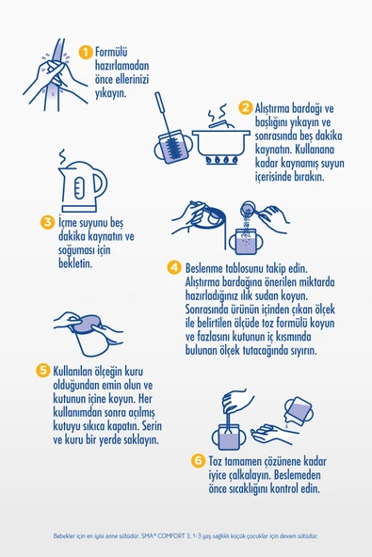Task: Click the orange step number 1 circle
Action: (x=86, y=53)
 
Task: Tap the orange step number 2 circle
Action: (x=246, y=107)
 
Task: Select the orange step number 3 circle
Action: (x=47, y=223)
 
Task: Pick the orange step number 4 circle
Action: (x=174, y=267)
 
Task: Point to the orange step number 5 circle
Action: (x=43, y=371)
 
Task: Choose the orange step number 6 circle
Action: (x=198, y=461)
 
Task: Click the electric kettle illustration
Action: (x=83, y=186)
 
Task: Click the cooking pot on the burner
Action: (x=221, y=142)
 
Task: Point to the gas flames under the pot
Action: (x=221, y=160)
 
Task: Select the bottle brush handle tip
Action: (x=157, y=94)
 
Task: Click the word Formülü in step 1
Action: (x=111, y=53)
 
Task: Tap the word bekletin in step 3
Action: (x=75, y=263)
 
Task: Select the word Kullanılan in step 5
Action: (x=73, y=372)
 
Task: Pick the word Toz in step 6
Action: (x=215, y=461)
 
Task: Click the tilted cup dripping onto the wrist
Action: (x=299, y=411)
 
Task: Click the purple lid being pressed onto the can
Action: (x=86, y=323)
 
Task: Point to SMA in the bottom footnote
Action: (x=147, y=536)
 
